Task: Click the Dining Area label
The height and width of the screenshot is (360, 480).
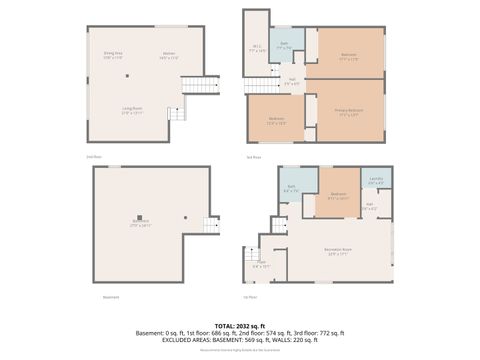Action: tap(112, 56)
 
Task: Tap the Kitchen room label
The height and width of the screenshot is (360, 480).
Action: tap(168, 56)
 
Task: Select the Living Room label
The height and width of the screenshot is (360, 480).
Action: tap(132, 112)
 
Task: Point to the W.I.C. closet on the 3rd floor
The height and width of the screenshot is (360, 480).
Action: tap(256, 48)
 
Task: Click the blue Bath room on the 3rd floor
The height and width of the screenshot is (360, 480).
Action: tap(284, 46)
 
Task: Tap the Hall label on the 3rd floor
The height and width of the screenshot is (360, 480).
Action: tap(292, 81)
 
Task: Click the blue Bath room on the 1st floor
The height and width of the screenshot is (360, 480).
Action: tap(291, 187)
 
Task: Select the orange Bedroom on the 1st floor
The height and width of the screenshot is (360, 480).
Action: tap(338, 195)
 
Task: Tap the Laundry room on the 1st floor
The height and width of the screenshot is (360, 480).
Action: tap(375, 181)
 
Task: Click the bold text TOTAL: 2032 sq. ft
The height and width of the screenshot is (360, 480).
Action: tap(240, 326)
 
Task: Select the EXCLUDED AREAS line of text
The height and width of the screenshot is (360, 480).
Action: tap(240, 340)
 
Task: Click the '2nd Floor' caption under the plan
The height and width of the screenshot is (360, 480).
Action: tap(95, 157)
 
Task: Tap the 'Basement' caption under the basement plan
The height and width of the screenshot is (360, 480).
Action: tap(111, 297)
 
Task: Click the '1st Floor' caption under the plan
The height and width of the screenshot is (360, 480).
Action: tap(250, 297)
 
